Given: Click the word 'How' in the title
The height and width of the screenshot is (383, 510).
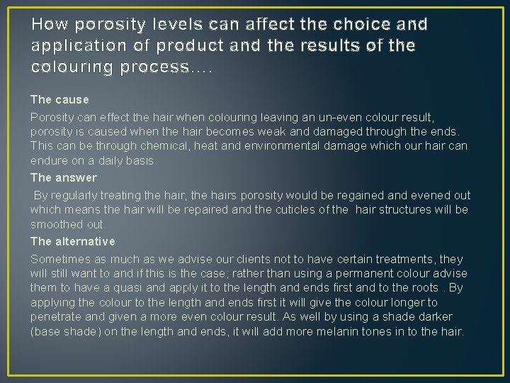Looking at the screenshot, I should pos(46,25).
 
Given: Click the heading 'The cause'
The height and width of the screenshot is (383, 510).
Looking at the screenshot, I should pos(59,100).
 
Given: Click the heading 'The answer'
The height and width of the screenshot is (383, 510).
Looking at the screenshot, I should pos(63,177).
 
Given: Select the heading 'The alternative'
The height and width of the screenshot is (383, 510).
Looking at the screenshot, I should pos(72,242).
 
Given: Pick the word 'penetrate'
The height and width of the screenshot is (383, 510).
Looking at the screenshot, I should pos(54,316).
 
